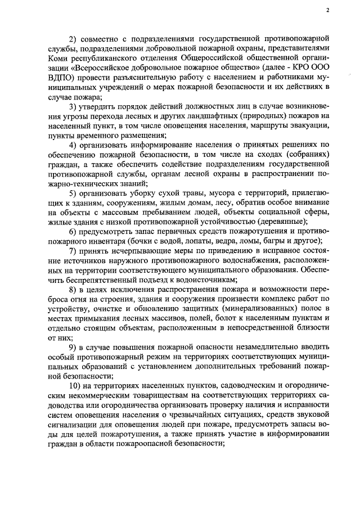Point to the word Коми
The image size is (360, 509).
(58, 67)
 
